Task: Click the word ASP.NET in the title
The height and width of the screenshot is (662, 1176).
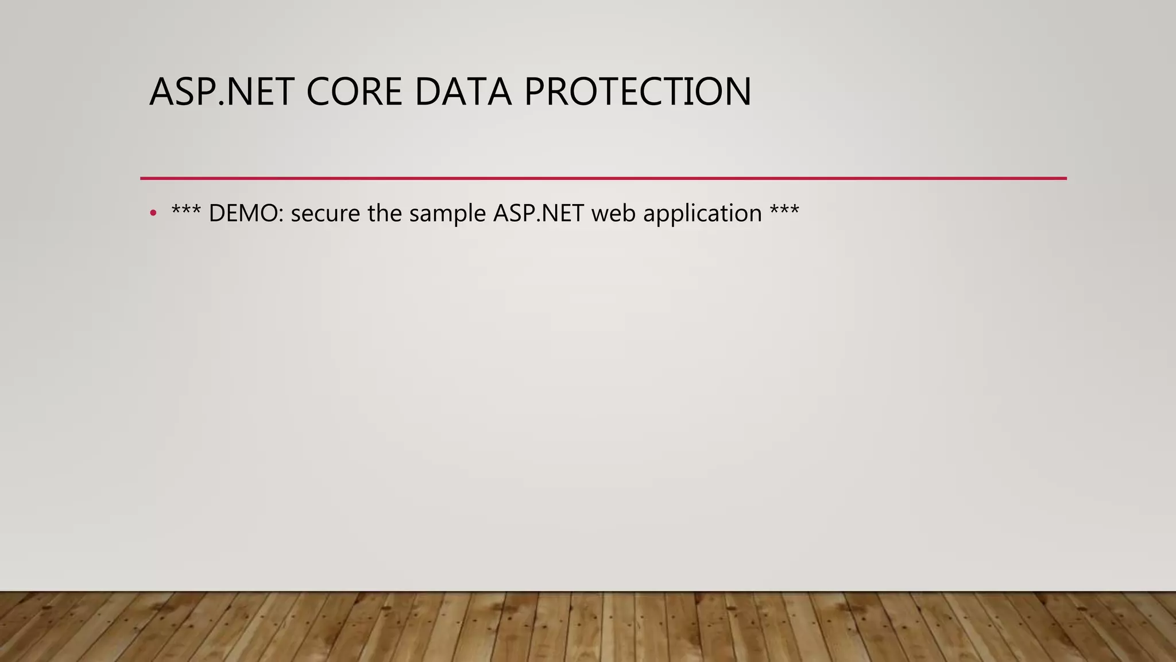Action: tap(222, 92)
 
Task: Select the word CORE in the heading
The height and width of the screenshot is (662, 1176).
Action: tap(354, 92)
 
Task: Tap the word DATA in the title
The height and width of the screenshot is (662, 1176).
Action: tap(463, 92)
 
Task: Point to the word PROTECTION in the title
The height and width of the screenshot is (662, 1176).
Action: tap(637, 92)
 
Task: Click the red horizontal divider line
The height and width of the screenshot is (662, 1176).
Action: tap(603, 178)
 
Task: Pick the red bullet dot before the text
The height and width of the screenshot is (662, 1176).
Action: tap(153, 214)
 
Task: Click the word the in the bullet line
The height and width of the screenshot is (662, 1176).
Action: tap(385, 214)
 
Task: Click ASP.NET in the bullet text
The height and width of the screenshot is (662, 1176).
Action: tap(539, 214)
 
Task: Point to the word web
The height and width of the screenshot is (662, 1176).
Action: tap(613, 214)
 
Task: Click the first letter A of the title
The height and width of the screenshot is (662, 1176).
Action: tap(161, 92)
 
